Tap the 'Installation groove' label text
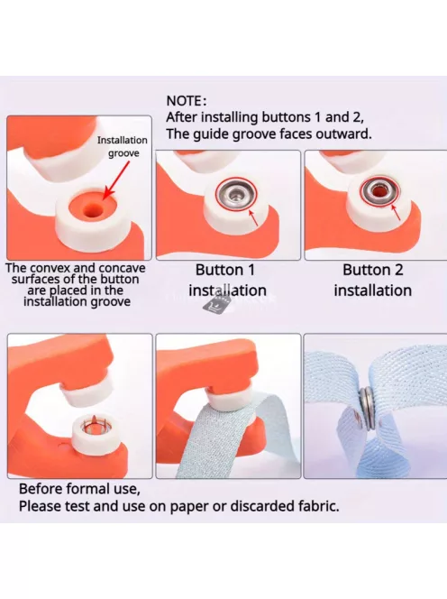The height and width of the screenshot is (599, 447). coord(123,147)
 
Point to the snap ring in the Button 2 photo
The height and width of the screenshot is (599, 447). coord(379,190)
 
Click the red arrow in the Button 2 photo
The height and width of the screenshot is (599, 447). coord(396,212)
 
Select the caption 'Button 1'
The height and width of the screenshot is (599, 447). coord(224,270)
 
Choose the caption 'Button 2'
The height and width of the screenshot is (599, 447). coord(372,270)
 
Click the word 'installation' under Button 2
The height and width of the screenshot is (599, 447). coord(372,290)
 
